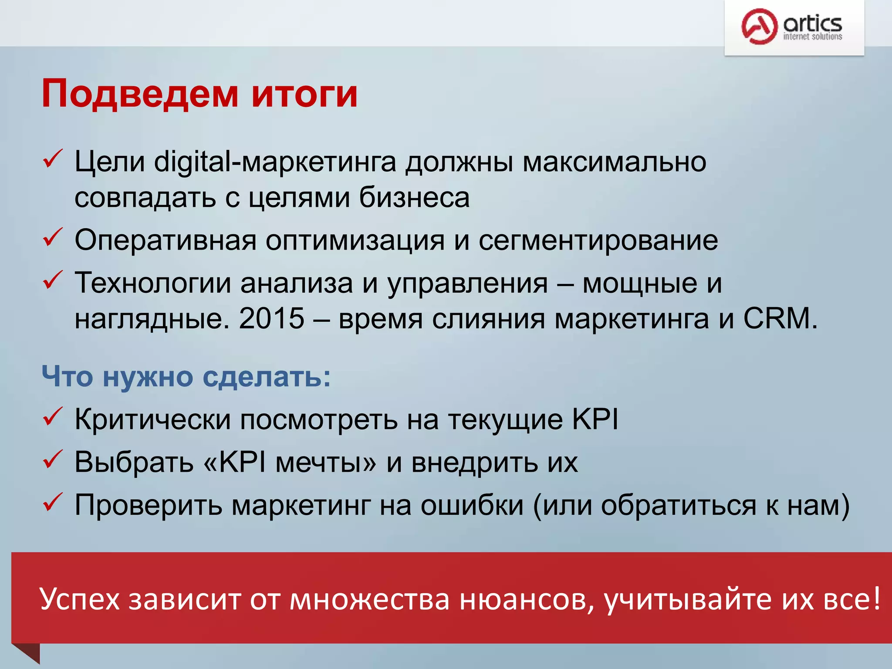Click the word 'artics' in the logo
812,23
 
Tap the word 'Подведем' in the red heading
140,94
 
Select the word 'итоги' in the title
304,94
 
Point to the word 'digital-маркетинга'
275,162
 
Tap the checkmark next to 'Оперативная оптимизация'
53,237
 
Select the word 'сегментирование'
598,240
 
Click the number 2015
271,318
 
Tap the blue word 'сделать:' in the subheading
267,376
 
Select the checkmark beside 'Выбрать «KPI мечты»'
53,460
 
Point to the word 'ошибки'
472,505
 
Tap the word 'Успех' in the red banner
79,599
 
